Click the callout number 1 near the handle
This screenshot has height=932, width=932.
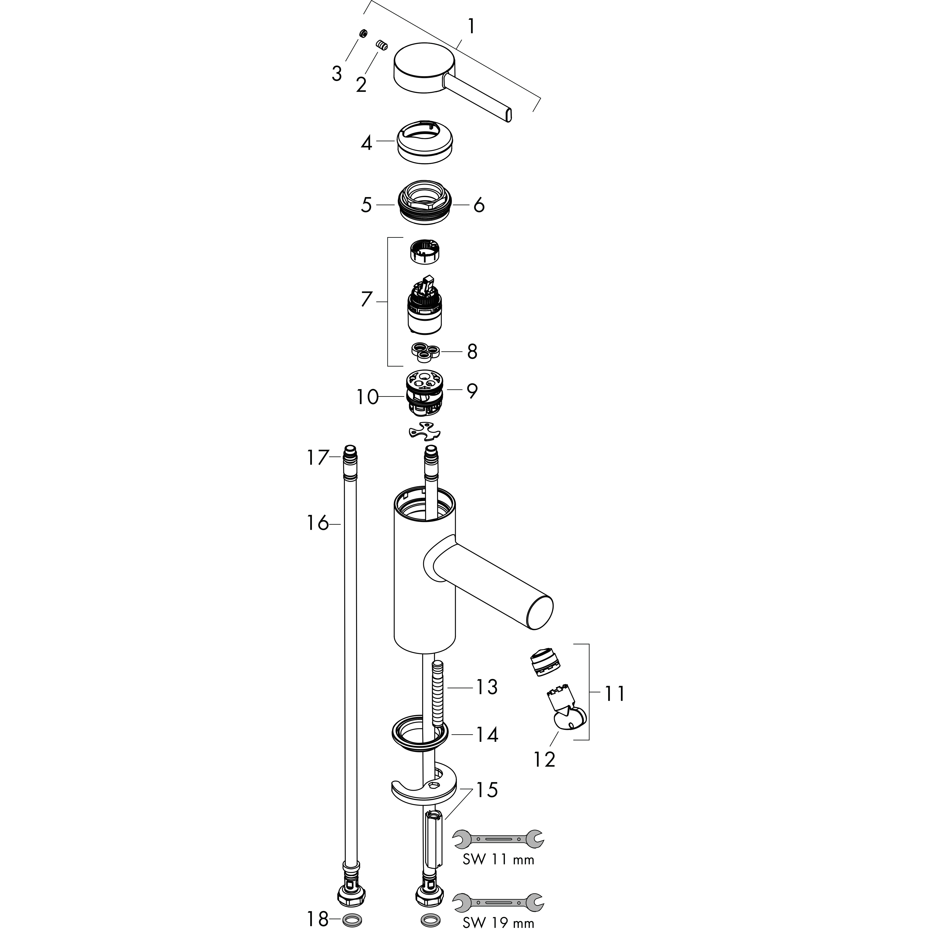click(471, 27)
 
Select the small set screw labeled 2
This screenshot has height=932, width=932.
click(382, 46)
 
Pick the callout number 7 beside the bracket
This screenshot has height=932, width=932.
click(367, 300)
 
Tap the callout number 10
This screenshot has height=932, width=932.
click(368, 397)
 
